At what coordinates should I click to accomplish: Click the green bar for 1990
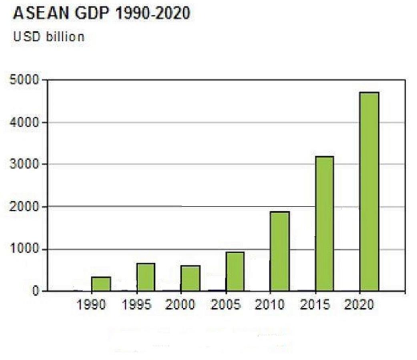click(101, 284)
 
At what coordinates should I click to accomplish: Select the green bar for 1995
click(146, 277)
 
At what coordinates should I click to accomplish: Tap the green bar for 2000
click(190, 278)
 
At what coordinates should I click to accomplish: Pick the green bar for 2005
click(235, 271)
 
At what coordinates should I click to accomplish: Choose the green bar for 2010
click(280, 251)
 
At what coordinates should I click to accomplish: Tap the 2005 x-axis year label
click(225, 305)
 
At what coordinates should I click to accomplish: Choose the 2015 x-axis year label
click(315, 305)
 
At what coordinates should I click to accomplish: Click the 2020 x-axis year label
click(359, 305)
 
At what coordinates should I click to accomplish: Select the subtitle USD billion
click(49, 37)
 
